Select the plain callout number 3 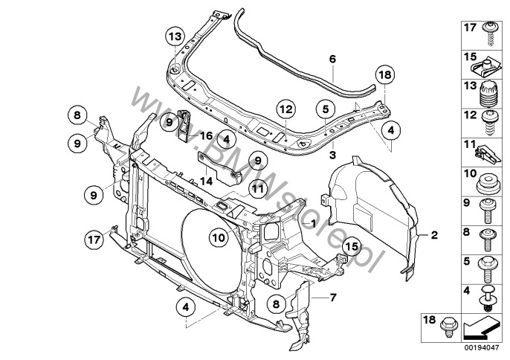point(332,156)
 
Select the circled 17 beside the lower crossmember point(93,240)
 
